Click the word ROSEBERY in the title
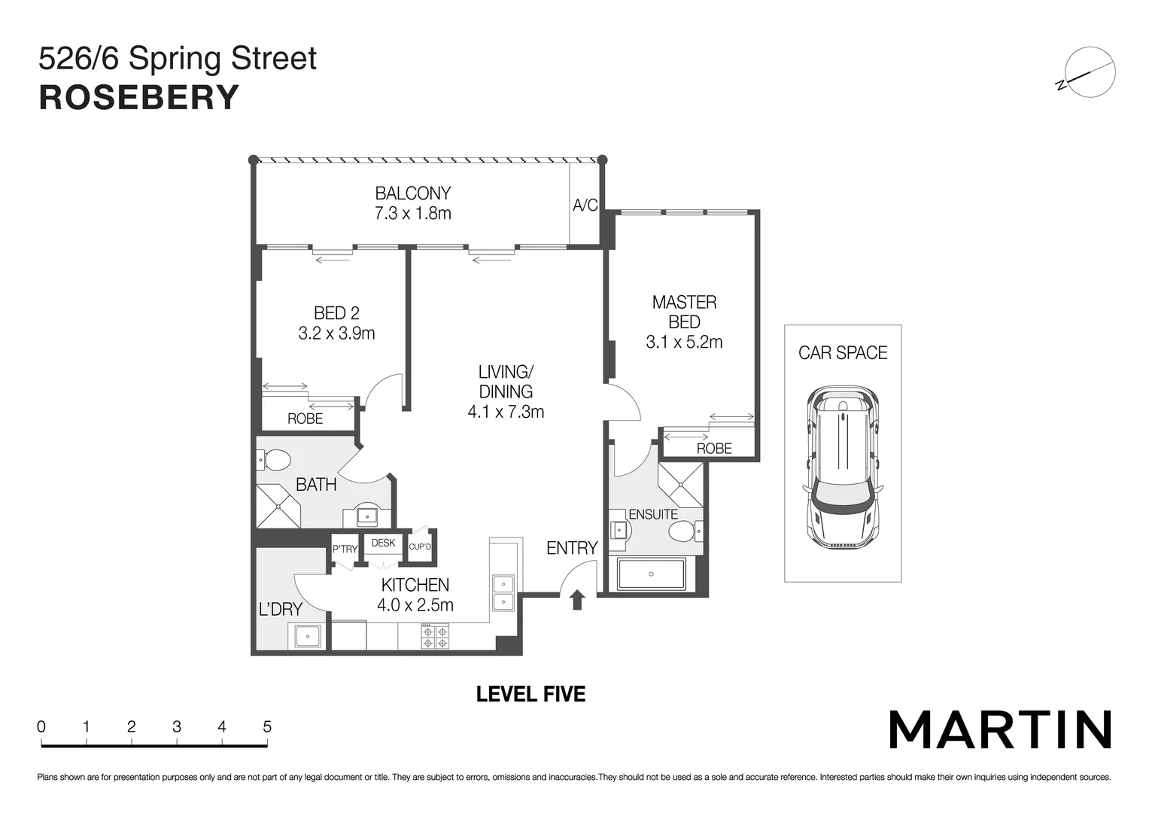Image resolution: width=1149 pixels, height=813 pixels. click(x=139, y=99)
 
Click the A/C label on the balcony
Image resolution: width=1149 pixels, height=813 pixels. click(x=585, y=206)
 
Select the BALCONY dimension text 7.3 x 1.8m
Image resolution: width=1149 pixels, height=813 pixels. click(x=412, y=214)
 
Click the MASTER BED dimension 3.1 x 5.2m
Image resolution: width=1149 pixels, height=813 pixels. click(x=684, y=343)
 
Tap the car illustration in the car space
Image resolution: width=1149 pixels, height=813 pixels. click(x=842, y=467)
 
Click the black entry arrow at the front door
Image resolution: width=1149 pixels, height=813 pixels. click(x=577, y=599)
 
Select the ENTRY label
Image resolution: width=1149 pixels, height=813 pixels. click(x=572, y=548)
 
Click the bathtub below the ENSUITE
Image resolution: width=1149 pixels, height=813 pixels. click(x=651, y=574)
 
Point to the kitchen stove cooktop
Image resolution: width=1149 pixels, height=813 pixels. click(x=435, y=637)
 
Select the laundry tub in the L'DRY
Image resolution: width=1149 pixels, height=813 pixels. click(x=307, y=637)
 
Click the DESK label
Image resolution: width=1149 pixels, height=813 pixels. click(x=383, y=543)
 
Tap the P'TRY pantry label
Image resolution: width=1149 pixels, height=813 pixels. click(x=345, y=549)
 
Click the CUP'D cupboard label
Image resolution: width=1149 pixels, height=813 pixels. click(x=420, y=547)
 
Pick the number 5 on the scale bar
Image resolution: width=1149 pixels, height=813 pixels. click(x=267, y=727)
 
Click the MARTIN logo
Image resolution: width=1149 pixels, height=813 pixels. click(x=1000, y=729)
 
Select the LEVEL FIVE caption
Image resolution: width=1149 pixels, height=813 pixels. click(x=530, y=694)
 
